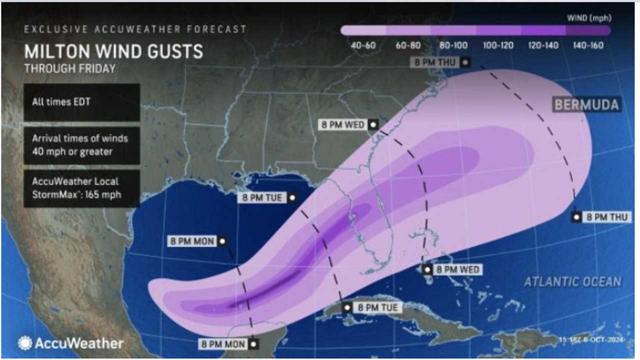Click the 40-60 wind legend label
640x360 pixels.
coord(363,45)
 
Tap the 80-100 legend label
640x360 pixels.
coord(453,45)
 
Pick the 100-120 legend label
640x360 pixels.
coord(498,45)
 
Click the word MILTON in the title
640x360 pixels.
coord(55,52)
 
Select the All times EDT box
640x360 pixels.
coord(81,102)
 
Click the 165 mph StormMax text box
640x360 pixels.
coord(81,188)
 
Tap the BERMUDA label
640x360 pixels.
coord(586,105)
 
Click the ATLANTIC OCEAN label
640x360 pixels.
coord(572,282)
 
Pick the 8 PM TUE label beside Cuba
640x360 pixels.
coord(377,307)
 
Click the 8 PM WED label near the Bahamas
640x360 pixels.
coord(457,269)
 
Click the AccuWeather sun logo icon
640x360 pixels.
coord(24,343)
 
